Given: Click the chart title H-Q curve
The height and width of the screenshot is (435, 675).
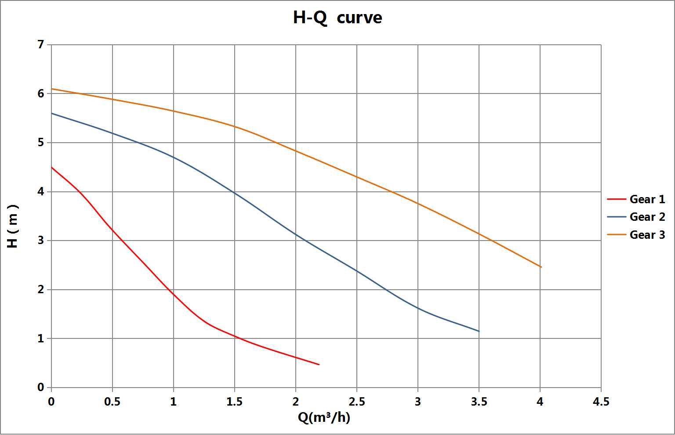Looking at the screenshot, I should click(337, 18).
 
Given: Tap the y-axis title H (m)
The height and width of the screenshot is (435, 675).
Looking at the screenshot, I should click(13, 226).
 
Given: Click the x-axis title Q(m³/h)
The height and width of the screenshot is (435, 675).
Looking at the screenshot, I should click(324, 417).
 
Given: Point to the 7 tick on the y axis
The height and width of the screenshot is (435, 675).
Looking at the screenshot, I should click(41, 44).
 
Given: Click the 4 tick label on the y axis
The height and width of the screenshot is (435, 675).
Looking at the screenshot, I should click(41, 192).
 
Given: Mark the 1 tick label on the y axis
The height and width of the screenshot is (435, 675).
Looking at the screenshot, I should click(41, 338).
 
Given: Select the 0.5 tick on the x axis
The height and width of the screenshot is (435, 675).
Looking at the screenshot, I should click(112, 402).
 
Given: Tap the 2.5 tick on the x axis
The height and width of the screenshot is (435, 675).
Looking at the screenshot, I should click(356, 402).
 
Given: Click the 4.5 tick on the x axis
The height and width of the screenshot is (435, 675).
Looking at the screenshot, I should click(601, 402).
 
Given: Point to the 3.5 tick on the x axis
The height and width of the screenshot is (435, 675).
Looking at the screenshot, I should click(479, 402).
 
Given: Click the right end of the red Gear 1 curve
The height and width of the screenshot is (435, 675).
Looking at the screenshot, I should click(319, 364).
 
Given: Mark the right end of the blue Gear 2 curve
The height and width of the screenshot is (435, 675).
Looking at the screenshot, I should click(479, 331).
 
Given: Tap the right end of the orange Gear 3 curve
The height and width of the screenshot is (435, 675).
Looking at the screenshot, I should click(541, 267).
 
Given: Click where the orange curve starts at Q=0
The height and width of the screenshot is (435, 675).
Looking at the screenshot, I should click(52, 89).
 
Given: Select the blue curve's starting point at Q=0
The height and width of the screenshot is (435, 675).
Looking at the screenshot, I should click(52, 113).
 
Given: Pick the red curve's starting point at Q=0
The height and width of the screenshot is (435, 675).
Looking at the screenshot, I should click(52, 167).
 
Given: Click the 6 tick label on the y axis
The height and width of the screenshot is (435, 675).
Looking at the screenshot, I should click(41, 93).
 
